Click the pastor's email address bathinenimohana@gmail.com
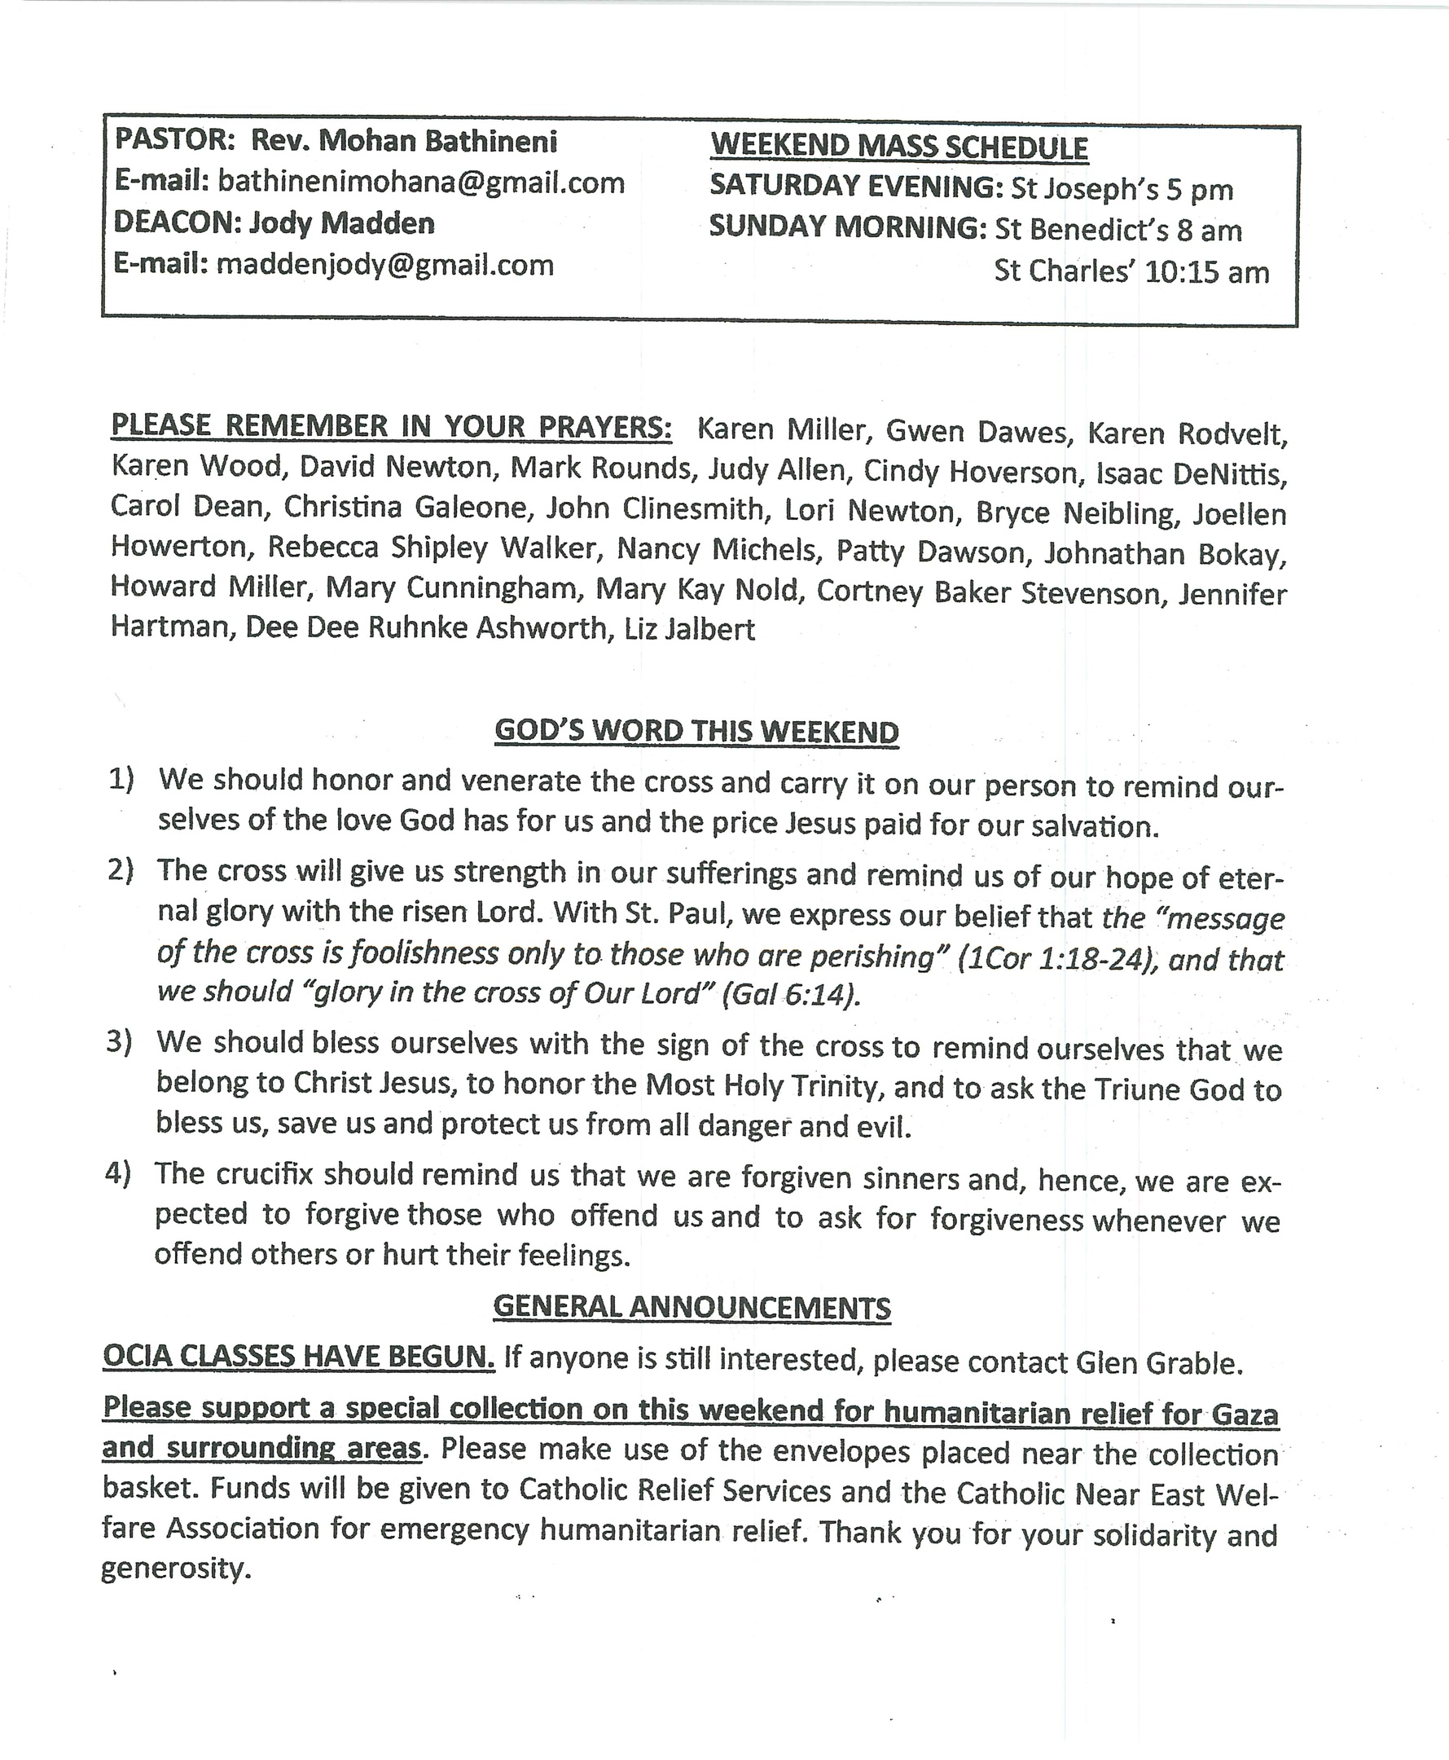point(420,182)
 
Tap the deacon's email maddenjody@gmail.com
point(384,265)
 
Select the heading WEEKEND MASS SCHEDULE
point(899,147)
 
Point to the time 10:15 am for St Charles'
point(1207,272)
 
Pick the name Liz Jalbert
point(689,629)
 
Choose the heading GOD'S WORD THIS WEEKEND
point(696,732)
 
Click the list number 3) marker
point(119,1043)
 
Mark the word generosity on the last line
point(175,1568)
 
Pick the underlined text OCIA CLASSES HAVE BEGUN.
point(299,1358)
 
